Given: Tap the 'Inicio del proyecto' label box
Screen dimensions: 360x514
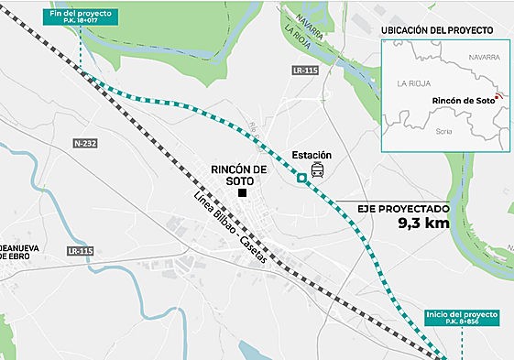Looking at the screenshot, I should [x=463, y=319].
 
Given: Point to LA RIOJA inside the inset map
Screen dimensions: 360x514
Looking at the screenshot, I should [x=414, y=82].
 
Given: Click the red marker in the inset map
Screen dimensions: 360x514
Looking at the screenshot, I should [x=498, y=95].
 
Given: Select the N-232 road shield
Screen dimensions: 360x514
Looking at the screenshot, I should [x=85, y=144].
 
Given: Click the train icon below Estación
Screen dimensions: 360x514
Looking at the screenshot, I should [x=317, y=171].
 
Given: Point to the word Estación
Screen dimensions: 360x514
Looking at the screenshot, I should [x=312, y=155].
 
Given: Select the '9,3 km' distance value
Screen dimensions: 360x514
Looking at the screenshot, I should [x=424, y=223].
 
